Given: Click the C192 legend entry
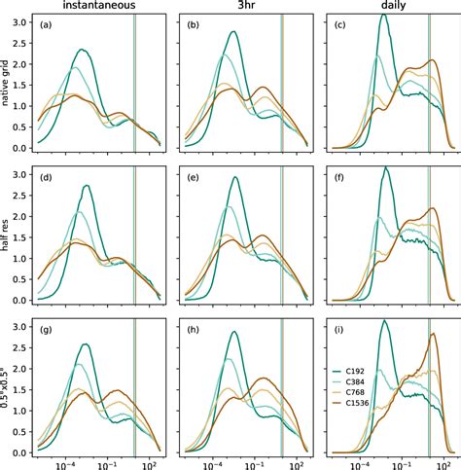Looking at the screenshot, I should (x=371, y=370).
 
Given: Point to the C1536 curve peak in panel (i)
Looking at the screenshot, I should (x=433, y=334).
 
